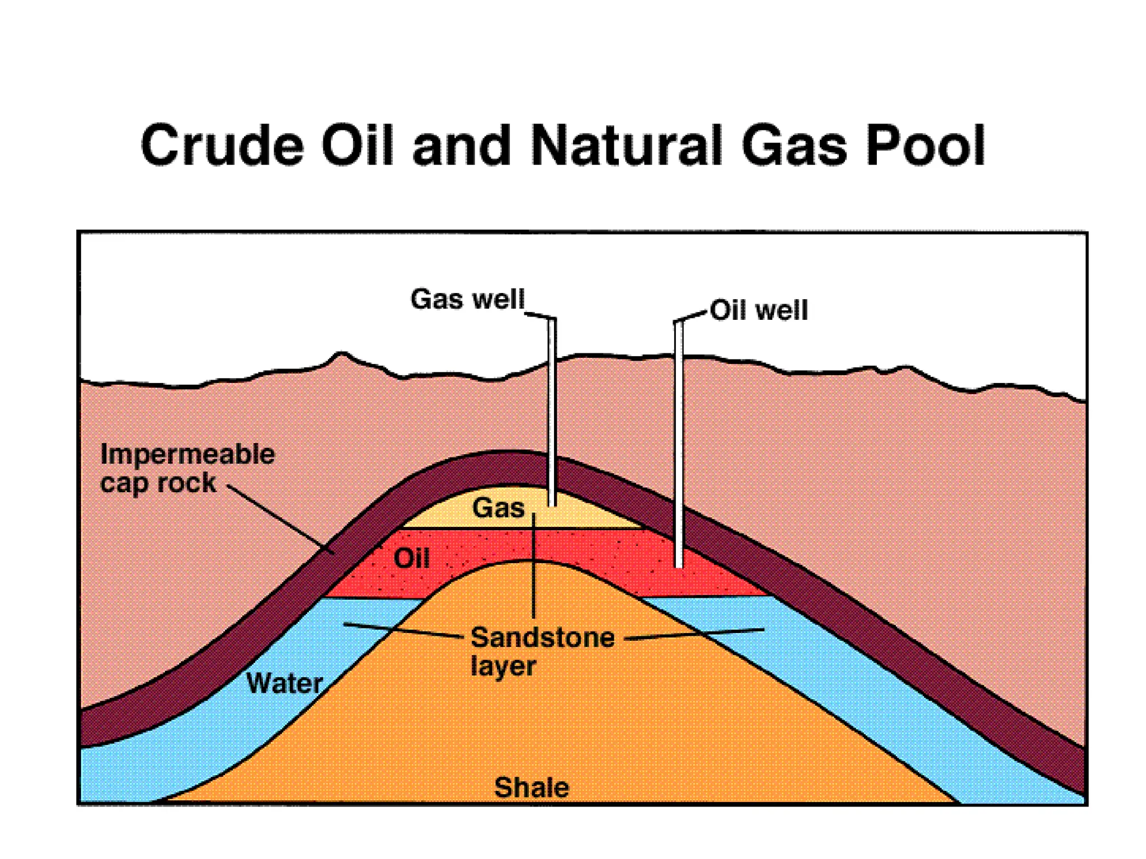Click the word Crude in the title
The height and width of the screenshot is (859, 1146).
(x=222, y=146)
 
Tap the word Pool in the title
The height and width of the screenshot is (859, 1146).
(x=926, y=146)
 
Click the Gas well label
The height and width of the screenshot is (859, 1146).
(x=467, y=299)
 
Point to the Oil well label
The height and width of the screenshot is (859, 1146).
(x=759, y=310)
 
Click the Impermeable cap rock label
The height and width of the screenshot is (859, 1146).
(x=187, y=468)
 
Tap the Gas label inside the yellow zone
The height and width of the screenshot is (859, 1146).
(x=499, y=508)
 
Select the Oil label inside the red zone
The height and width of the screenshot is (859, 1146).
(x=411, y=558)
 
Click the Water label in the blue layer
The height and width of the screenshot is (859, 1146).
(x=284, y=683)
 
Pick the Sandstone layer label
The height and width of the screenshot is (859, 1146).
(x=542, y=651)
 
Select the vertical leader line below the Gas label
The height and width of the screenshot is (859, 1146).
(x=534, y=565)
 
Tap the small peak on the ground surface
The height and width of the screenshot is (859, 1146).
(x=341, y=354)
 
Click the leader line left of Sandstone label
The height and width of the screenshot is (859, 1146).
(x=403, y=630)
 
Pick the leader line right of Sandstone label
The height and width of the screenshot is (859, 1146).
(x=694, y=634)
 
